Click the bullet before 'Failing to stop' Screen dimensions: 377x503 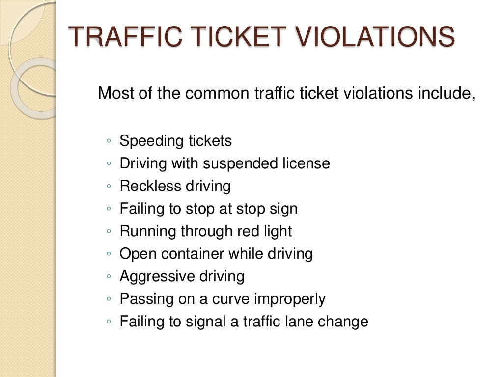coord(108,209)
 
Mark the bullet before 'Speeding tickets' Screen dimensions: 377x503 coord(108,141)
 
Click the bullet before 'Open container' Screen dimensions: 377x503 coord(108,254)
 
